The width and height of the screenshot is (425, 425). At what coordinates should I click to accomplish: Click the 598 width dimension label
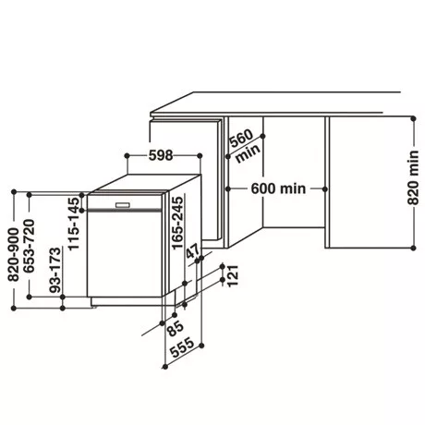161,155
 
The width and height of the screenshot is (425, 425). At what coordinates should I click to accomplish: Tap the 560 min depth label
245,146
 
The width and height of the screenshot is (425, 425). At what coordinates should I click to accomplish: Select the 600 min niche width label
278,188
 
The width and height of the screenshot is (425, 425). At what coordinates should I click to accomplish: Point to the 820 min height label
413,177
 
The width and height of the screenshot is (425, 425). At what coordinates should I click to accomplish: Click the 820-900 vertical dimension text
14,254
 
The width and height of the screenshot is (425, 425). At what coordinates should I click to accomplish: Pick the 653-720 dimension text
30,246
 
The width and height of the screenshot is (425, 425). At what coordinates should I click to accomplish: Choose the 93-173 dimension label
55,270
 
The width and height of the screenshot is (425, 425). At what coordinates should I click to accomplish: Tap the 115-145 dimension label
74,224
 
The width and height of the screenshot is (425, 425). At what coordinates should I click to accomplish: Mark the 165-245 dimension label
177,223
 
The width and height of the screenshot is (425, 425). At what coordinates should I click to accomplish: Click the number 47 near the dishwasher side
194,251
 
